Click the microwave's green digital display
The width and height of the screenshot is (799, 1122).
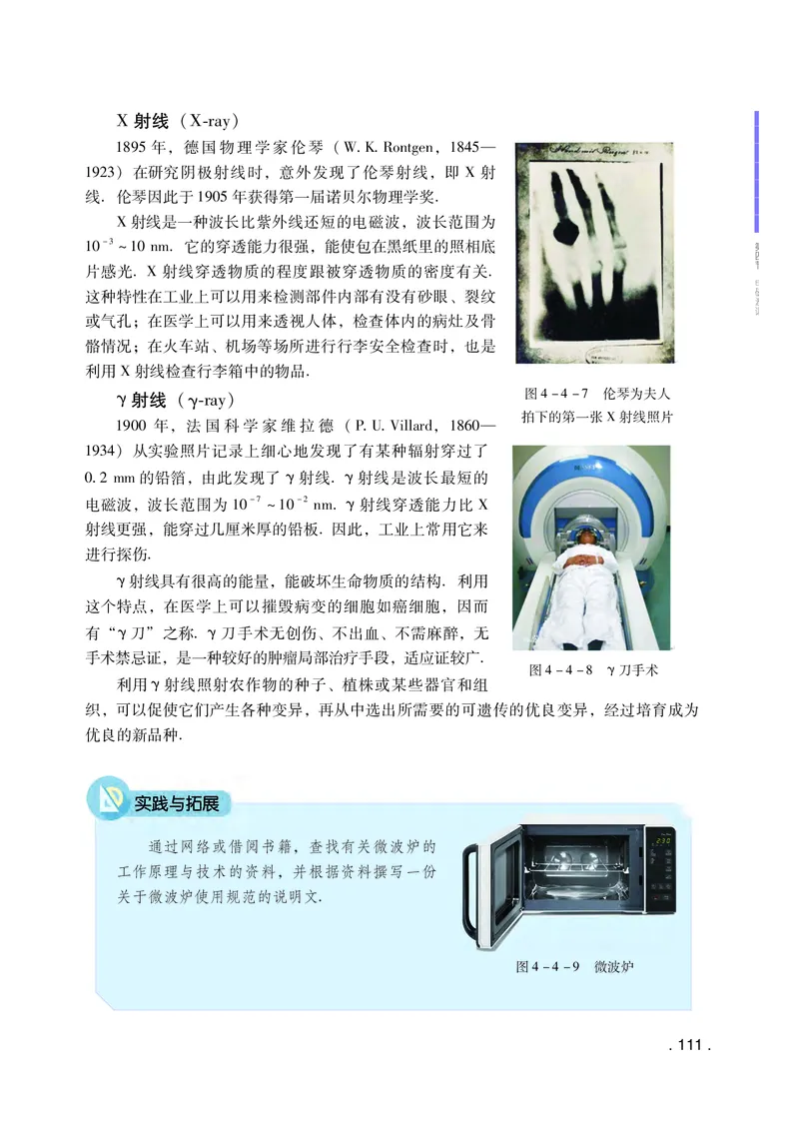662,841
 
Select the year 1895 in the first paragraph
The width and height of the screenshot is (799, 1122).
133,146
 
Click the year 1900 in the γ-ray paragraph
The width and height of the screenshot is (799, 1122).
133,425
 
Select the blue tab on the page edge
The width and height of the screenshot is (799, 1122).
756,170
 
